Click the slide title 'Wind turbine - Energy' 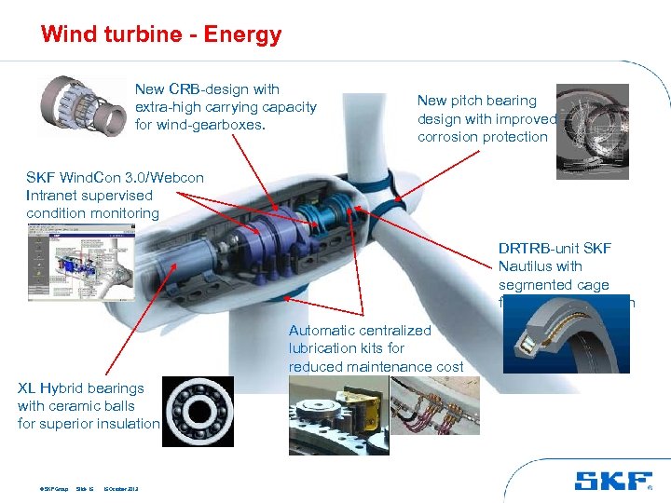(161, 35)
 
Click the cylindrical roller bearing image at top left (83, 108)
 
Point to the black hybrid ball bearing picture (199, 411)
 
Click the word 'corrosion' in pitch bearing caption (446, 137)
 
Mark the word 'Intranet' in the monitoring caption (54, 196)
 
